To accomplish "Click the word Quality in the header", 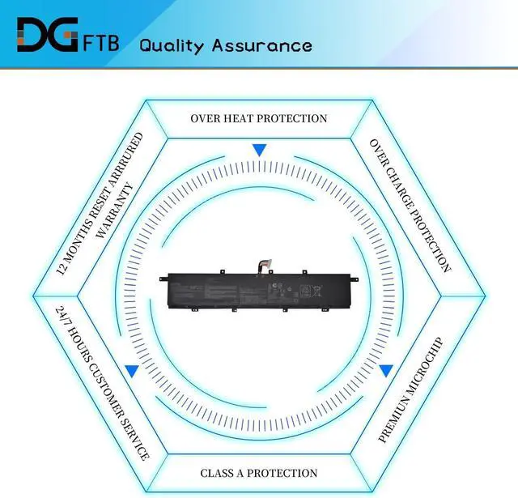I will pos(172,45).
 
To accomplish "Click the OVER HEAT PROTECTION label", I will pos(259,118).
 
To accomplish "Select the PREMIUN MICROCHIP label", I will pos(412,389).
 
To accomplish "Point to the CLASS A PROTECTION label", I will pos(259,473).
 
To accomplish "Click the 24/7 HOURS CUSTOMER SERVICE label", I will pos(103,382).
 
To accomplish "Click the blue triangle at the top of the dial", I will pos(259,151).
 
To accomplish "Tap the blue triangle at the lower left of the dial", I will pos(131,372).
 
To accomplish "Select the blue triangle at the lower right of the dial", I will pos(386,372).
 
